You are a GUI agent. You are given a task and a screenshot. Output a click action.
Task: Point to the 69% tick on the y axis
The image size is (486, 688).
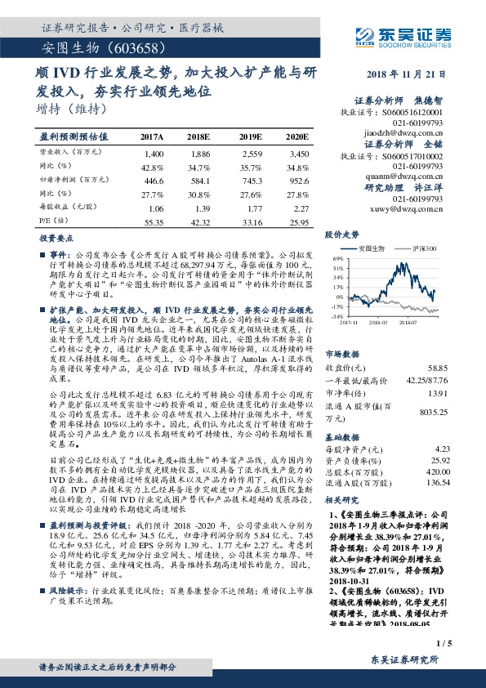[337, 257]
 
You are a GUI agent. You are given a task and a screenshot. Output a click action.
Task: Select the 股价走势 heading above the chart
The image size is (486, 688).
[343, 234]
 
